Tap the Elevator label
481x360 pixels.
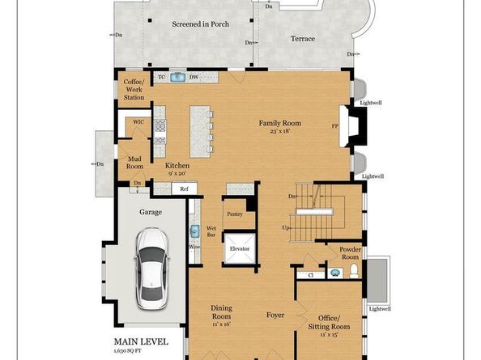(240, 249)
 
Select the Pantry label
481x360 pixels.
(235, 214)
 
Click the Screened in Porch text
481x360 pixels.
(200, 24)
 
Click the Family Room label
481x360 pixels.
(279, 123)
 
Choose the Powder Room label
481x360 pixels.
(350, 253)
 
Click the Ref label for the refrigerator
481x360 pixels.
(184, 188)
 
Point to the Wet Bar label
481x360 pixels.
(211, 232)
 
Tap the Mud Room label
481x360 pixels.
(134, 163)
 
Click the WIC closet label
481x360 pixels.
(138, 122)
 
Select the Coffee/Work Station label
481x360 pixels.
(134, 90)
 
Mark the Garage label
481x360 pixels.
(150, 212)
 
